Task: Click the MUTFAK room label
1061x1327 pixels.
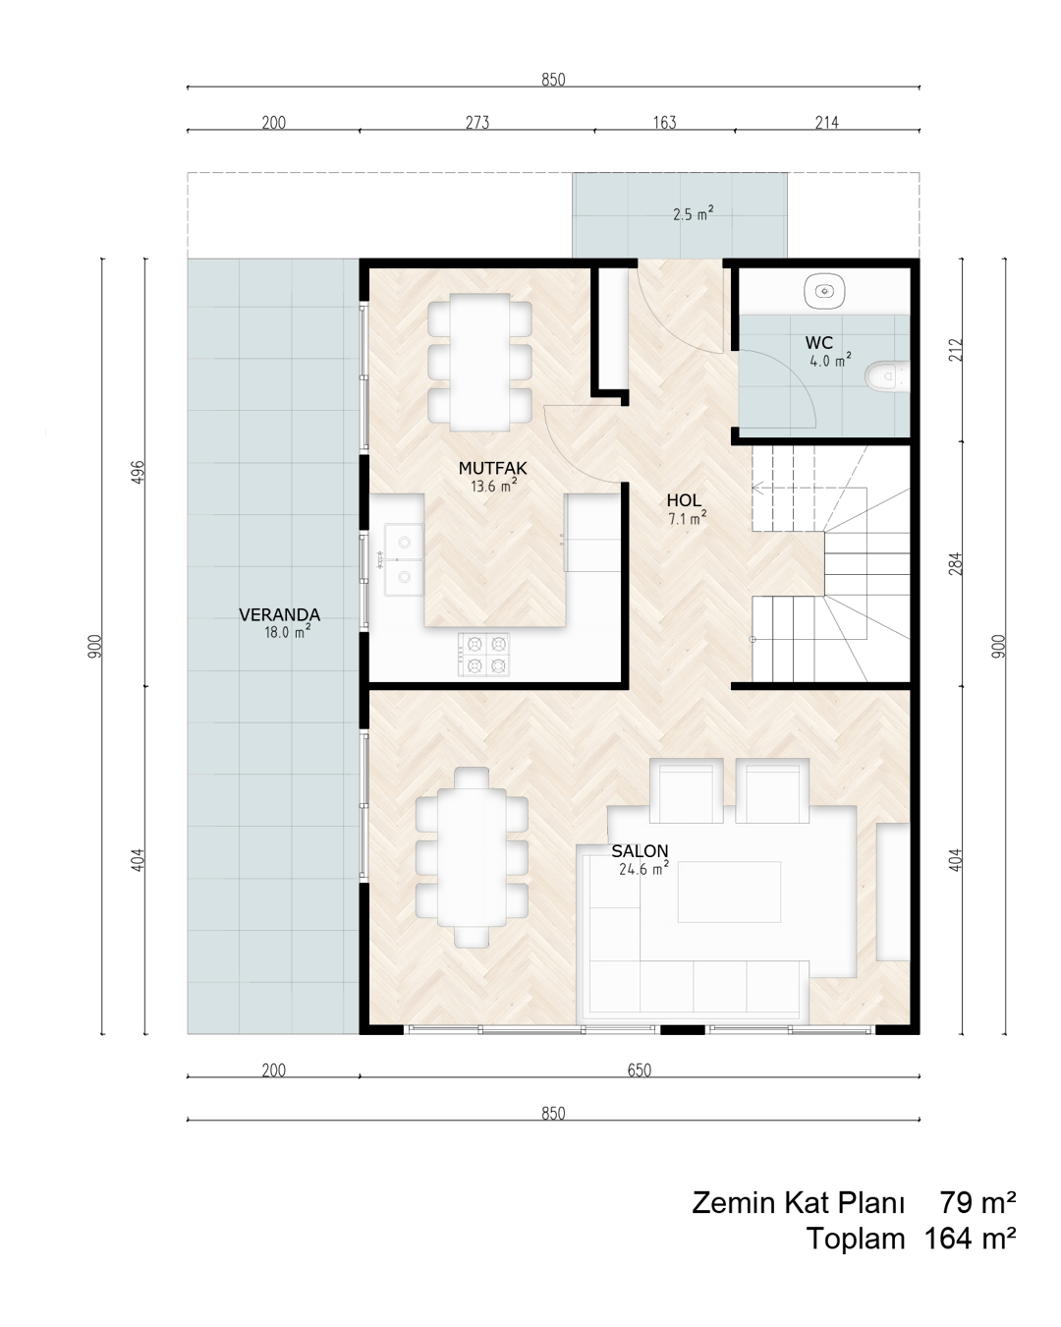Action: pos(492,468)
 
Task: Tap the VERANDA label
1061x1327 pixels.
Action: pos(279,614)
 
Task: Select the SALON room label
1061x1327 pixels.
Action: pos(640,851)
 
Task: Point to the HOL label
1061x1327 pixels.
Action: pos(684,500)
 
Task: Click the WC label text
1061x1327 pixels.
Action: pos(818,343)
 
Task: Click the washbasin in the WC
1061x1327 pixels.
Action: pos(824,290)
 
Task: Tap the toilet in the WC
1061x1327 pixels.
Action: pos(887,375)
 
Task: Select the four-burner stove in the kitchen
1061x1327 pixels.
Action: pos(483,655)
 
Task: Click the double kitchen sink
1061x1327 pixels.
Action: pos(404,559)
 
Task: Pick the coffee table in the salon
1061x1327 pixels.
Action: pos(729,892)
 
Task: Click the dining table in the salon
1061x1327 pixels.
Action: pos(472,856)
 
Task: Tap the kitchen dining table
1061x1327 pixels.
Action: pos(479,362)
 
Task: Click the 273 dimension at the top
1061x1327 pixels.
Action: pos(477,123)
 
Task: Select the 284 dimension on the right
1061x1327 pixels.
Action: pos(955,563)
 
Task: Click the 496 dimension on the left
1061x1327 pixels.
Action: pos(139,472)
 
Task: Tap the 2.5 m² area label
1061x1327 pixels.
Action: pos(693,214)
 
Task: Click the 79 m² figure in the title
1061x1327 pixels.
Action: pos(977,1202)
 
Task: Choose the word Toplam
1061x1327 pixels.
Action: pos(855,1238)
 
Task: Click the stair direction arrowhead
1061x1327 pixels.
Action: pos(757,488)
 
